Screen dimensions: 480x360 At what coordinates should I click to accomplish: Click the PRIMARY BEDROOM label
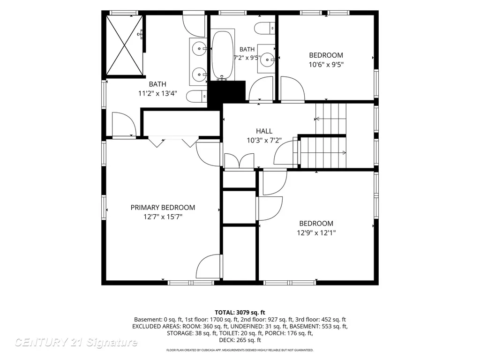click(163, 208)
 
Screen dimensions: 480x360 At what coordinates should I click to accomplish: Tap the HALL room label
click(264, 131)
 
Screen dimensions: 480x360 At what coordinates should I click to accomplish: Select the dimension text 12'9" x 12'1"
click(316, 232)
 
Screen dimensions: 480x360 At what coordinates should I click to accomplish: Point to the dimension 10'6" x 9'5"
click(326, 65)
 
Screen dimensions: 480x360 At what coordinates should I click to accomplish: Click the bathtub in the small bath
click(223, 55)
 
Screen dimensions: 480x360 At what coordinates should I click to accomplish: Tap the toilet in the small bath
click(265, 29)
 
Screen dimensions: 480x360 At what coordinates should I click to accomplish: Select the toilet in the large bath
click(197, 97)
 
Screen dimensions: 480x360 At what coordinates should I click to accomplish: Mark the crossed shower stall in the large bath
click(124, 45)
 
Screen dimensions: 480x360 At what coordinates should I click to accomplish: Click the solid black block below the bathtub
click(226, 92)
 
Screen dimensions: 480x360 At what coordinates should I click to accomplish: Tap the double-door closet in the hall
click(239, 161)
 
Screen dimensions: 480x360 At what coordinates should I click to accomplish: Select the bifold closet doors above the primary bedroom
click(173, 142)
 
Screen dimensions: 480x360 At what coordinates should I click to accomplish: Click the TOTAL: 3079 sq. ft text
click(240, 313)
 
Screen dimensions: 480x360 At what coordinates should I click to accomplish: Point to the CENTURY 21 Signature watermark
click(76, 342)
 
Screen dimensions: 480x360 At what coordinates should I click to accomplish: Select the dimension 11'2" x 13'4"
click(157, 93)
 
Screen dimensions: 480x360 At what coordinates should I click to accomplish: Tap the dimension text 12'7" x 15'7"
click(163, 217)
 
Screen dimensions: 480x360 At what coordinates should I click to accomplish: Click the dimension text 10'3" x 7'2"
click(264, 141)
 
